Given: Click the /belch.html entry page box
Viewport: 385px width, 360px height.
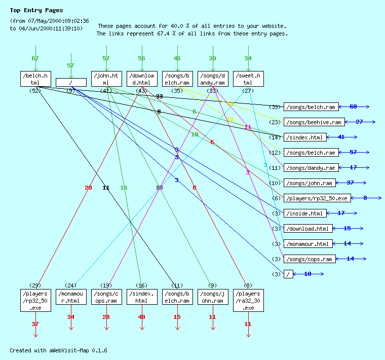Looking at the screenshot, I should click(35, 79).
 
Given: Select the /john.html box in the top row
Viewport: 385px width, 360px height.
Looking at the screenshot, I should click(106, 79).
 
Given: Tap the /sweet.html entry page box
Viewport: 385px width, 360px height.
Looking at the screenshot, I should click(248, 79).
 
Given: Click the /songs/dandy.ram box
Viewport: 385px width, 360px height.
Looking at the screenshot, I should click(213, 79).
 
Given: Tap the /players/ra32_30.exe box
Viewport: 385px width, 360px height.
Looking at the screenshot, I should click(248, 301).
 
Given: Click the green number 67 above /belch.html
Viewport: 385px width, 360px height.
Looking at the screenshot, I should click(35, 58).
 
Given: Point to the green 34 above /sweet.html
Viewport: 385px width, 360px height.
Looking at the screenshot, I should click(248, 58).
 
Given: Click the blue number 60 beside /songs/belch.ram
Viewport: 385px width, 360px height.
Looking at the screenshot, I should click(353, 106).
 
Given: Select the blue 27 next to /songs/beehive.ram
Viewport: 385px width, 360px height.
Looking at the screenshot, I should click(359, 122).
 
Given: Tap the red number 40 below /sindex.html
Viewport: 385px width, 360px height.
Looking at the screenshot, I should click(141, 317).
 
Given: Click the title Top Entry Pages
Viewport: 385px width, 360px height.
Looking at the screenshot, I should click(36, 10).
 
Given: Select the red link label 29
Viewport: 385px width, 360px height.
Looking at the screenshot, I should click(88, 188).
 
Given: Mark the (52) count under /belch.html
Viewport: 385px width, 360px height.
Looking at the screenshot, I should click(35, 91).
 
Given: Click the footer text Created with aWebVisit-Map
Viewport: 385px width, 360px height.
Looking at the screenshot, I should click(58, 350).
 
